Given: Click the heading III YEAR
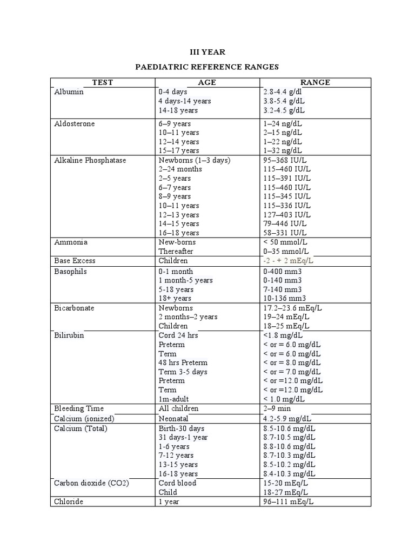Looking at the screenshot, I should tap(207, 52).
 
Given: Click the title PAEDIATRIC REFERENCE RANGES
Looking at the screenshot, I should tap(207, 67).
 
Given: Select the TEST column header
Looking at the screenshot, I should tap(102, 82).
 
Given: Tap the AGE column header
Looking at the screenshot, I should tap(206, 82).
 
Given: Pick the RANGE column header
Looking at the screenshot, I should tap(315, 82).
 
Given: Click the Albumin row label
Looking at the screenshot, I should tap(69, 92).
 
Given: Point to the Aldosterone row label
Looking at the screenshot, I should tap(75, 124).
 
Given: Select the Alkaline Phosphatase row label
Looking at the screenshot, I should tap(90, 160).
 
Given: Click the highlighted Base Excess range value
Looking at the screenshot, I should tap(288, 261).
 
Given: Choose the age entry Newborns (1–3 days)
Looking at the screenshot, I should tap(195, 160).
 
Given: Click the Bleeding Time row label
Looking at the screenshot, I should tap(79, 408).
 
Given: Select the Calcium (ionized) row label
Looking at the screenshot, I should tap(84, 419).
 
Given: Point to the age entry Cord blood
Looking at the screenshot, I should tap(177, 483).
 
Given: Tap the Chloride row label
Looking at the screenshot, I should tap(69, 502).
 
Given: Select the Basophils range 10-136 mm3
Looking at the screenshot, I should tap(284, 298).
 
